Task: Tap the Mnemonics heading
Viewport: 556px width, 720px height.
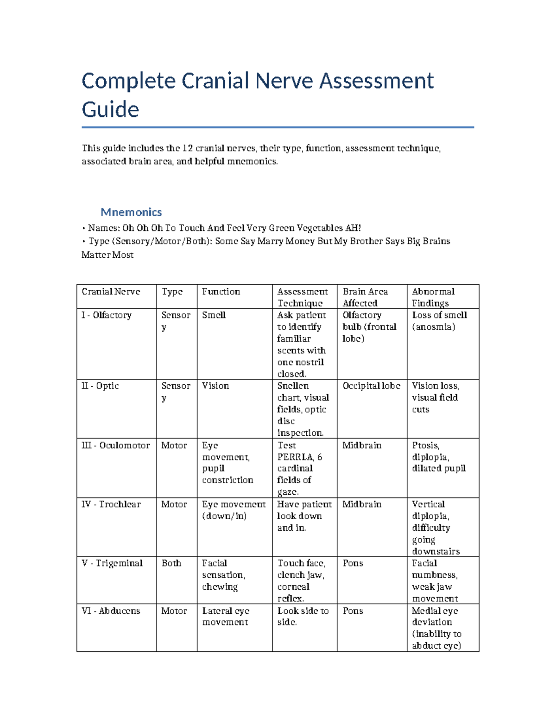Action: click(x=131, y=212)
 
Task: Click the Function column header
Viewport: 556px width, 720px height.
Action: click(x=221, y=292)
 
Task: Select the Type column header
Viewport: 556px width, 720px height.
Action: click(x=172, y=292)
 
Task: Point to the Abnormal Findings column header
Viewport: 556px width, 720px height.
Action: click(x=433, y=297)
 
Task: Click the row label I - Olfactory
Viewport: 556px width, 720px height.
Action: click(x=107, y=315)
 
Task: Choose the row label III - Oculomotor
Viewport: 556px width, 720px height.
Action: click(x=116, y=446)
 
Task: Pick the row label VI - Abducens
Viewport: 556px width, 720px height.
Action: click(x=111, y=611)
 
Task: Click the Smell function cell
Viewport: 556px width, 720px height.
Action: click(x=214, y=315)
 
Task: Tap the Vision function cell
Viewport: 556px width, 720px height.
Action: click(x=215, y=386)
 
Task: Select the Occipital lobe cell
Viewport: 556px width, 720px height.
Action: click(x=372, y=386)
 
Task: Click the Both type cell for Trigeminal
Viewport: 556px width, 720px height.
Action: click(x=171, y=563)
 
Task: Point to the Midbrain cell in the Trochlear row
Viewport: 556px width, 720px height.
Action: click(x=362, y=504)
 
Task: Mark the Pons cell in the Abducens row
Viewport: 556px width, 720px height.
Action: click(x=353, y=611)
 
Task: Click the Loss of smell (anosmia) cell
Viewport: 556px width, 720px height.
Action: click(x=439, y=321)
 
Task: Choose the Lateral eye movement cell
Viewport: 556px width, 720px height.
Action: click(x=226, y=617)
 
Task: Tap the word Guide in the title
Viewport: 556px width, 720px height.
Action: click(x=110, y=110)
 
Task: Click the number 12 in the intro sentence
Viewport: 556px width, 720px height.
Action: click(x=187, y=148)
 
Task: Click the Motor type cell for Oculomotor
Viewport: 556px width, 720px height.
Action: click(x=174, y=446)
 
